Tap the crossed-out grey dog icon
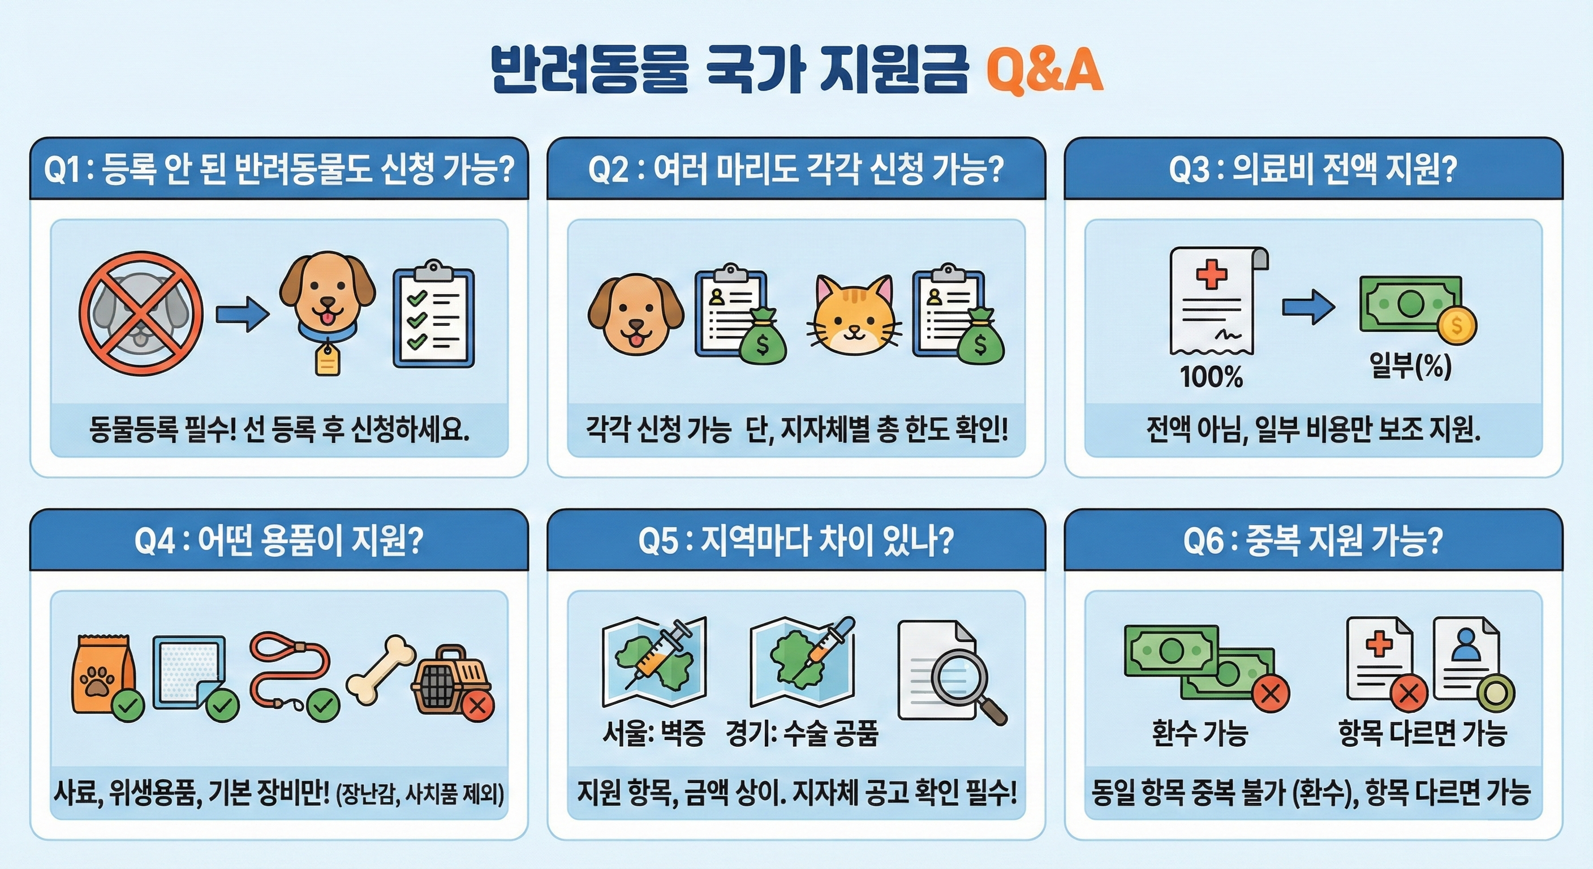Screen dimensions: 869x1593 [x=141, y=313]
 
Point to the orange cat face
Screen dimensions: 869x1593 [x=854, y=316]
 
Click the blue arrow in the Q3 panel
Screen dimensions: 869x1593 [x=1308, y=307]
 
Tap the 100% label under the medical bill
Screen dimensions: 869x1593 [x=1211, y=377]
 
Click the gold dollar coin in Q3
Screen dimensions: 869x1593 [x=1456, y=326]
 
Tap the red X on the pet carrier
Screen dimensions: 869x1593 [x=477, y=705]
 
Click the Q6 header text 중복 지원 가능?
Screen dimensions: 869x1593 [x=1345, y=540]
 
